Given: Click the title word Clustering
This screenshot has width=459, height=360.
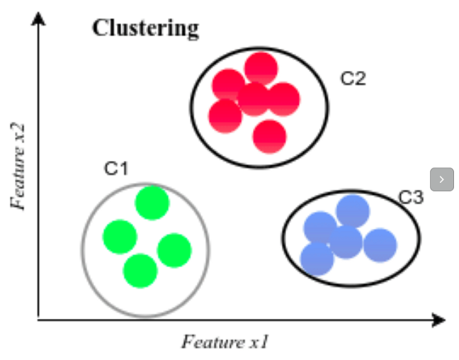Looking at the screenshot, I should coord(145,28).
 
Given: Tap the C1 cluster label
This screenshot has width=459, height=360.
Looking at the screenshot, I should coord(116,169).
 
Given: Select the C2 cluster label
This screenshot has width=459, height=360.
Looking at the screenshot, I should coord(353,79).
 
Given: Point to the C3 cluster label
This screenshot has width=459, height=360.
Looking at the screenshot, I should coord(410,197).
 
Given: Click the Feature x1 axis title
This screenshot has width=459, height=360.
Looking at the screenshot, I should coord(225,342).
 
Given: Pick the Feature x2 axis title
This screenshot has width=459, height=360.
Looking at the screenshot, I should coord(18,167).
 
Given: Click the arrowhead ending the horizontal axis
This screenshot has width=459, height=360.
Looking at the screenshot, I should coord(438,320).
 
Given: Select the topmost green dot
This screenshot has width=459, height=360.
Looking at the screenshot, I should coord(152,203).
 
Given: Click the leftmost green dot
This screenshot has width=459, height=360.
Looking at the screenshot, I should coord(120,237).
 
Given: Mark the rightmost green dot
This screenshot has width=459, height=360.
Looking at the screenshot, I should coord(174,250).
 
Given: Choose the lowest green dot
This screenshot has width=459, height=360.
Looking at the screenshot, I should coord(140,271).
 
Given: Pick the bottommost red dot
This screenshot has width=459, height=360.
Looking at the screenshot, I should coord(269,137).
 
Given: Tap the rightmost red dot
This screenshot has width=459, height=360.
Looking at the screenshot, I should coord(284,99).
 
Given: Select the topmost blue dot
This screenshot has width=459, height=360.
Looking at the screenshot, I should coord(353,211).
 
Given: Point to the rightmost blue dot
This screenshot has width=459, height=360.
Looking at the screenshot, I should coord(380,244).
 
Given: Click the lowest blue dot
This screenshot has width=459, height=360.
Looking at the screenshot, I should coord(317,259).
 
